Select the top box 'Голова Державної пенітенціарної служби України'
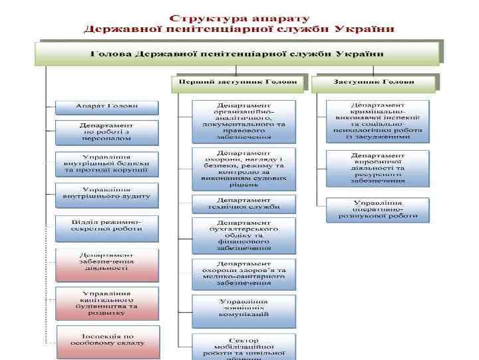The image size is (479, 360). coord(238,53)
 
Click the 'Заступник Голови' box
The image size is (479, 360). coord(373,82)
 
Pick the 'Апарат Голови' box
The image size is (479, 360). coord(106,107)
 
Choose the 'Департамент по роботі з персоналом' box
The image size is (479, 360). coord(106,132)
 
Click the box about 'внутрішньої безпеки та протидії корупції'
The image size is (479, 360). coord(106,163)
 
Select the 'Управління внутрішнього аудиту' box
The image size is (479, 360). coord(106,193)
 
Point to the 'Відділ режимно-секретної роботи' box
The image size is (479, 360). coord(106,225)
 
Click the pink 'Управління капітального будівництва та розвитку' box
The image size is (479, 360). coord(106,302)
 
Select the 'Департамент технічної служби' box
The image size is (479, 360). coord(243,203)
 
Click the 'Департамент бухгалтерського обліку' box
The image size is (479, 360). coord(243,235)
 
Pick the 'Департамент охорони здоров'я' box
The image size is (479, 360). coord(243,273)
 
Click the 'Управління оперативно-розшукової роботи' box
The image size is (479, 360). coord(377,209)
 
